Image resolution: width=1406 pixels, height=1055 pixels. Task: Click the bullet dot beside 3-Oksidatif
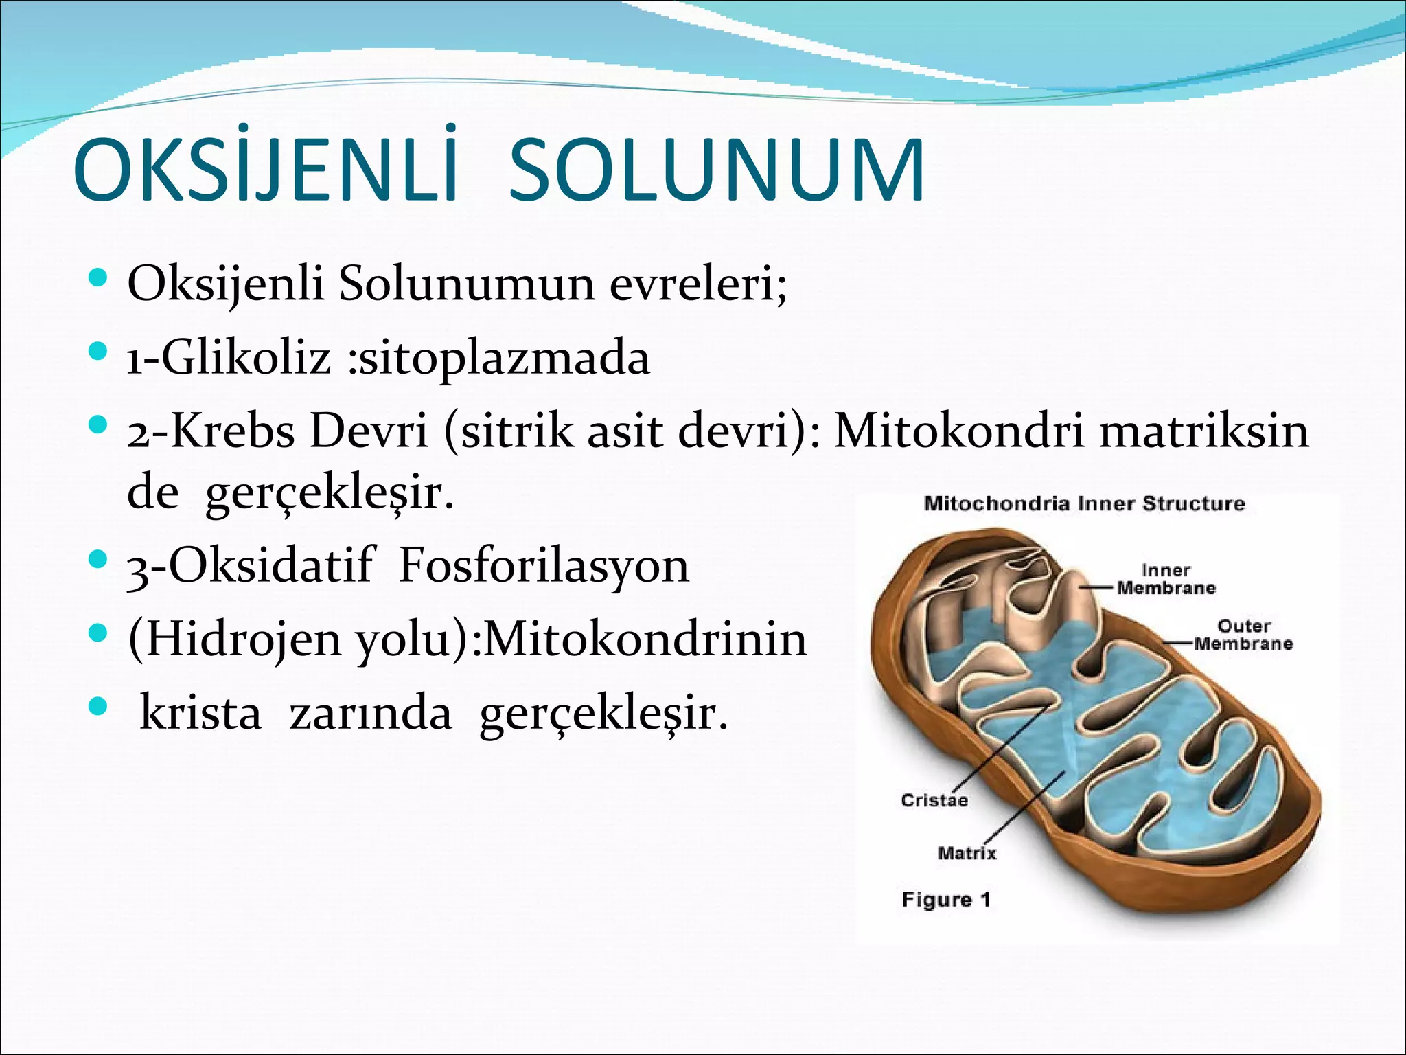(x=99, y=558)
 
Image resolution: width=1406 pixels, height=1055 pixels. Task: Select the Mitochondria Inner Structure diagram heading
(x=1084, y=503)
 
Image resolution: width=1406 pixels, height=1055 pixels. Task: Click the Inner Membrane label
(x=1165, y=579)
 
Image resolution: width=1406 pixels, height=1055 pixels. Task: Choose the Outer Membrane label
(x=1243, y=635)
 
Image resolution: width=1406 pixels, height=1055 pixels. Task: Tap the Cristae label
(x=934, y=800)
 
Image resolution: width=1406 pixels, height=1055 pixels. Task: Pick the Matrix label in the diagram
(x=967, y=853)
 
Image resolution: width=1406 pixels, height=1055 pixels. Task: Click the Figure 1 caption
(x=945, y=899)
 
